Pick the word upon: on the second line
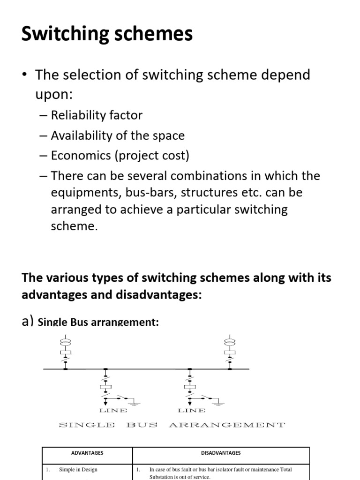pyautogui.click(x=54, y=94)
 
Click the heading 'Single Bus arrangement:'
pyautogui.click(x=98, y=322)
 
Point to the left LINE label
pyautogui.click(x=113, y=411)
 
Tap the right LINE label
pyautogui.click(x=192, y=411)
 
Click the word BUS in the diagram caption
pyautogui.click(x=142, y=425)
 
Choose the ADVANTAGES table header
pyautogui.click(x=87, y=453)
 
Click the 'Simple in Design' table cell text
pyautogui.click(x=78, y=469)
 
